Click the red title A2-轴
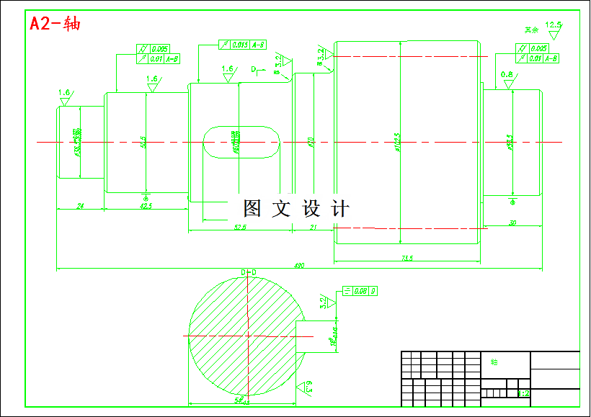tap(55, 23)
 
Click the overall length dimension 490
tap(299, 266)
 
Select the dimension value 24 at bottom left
tap(80, 206)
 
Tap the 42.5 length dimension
tap(146, 206)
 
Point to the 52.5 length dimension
tap(240, 227)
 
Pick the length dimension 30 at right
tap(512, 223)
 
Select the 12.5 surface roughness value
tap(554, 24)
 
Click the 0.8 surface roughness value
tap(507, 75)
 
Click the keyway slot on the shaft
tap(241, 141)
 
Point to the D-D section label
tap(249, 272)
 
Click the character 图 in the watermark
tap(252, 209)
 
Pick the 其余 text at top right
tap(532, 30)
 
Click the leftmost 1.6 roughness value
tap(64, 93)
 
